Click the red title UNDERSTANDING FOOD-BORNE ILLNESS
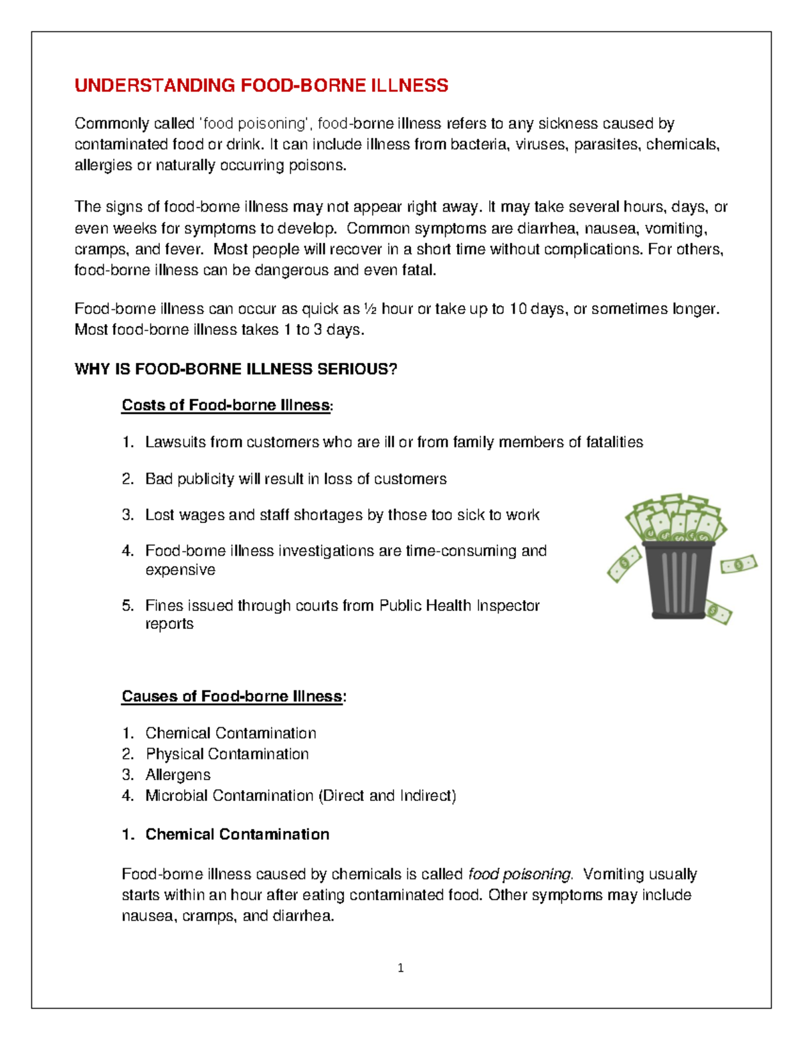click(261, 86)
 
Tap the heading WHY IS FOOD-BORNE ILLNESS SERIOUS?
click(236, 369)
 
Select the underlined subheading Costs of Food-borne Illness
click(226, 405)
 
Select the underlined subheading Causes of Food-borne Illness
click(232, 696)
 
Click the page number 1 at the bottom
click(400, 968)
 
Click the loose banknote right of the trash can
click(738, 564)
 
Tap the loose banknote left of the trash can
click(624, 564)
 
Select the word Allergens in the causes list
click(177, 775)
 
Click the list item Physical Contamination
click(227, 754)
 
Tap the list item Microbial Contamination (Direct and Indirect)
click(300, 796)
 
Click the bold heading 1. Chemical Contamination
click(226, 834)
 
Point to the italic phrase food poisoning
click(519, 874)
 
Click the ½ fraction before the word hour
click(371, 309)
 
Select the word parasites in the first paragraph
click(606, 144)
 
